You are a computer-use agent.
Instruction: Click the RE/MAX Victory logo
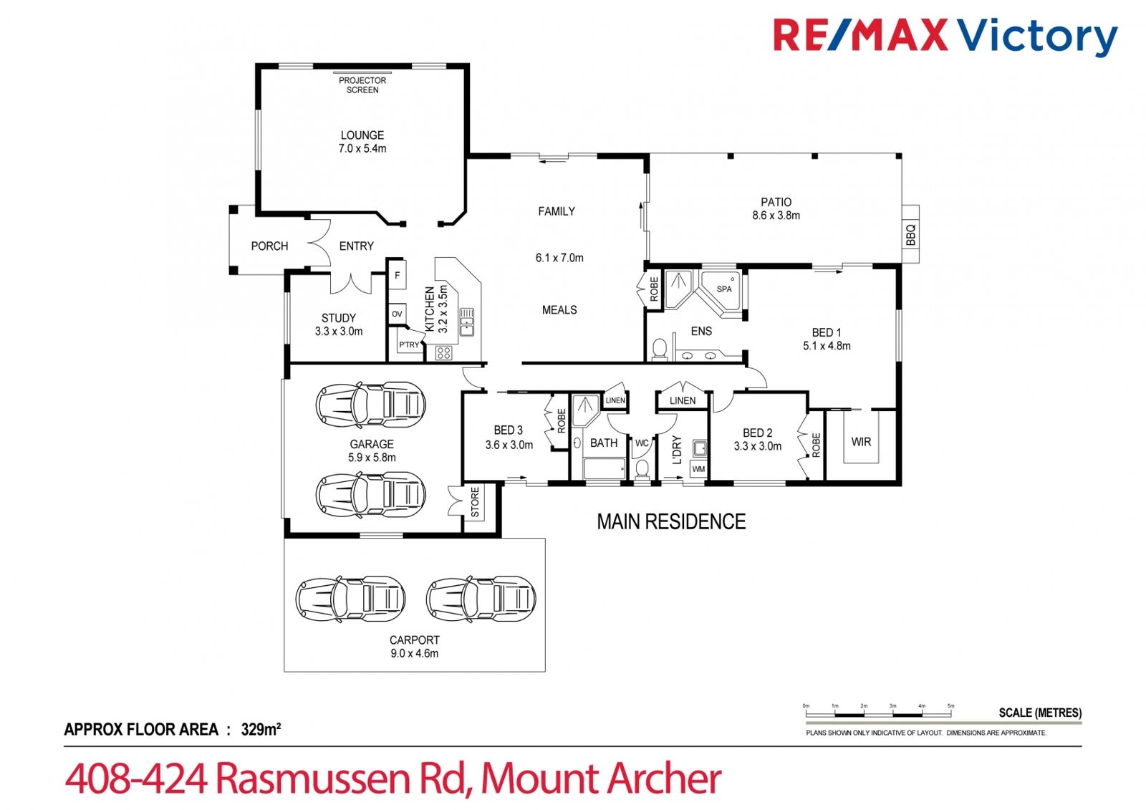click(x=945, y=35)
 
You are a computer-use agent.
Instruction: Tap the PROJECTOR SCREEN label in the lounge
click(x=362, y=85)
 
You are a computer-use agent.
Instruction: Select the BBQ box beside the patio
click(x=910, y=234)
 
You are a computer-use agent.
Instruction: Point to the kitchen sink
click(x=466, y=322)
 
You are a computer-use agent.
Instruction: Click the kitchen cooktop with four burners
click(x=443, y=352)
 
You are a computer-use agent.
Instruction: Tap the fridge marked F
click(x=397, y=275)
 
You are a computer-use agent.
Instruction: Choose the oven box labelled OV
click(x=397, y=314)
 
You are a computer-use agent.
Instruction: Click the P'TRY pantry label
click(x=409, y=345)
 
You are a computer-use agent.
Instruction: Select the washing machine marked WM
click(x=698, y=468)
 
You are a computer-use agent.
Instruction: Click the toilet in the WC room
click(x=642, y=468)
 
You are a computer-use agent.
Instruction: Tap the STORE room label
click(x=475, y=502)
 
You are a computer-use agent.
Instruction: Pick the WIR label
click(x=861, y=442)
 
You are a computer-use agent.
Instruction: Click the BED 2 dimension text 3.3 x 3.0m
click(x=758, y=446)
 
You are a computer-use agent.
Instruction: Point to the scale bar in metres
click(x=878, y=714)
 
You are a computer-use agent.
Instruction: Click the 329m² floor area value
click(x=261, y=729)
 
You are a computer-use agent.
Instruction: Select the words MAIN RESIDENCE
click(x=671, y=522)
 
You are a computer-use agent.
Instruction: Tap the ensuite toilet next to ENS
click(x=660, y=349)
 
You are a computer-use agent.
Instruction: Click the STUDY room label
click(x=339, y=318)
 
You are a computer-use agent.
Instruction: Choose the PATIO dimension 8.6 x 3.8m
click(x=776, y=216)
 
